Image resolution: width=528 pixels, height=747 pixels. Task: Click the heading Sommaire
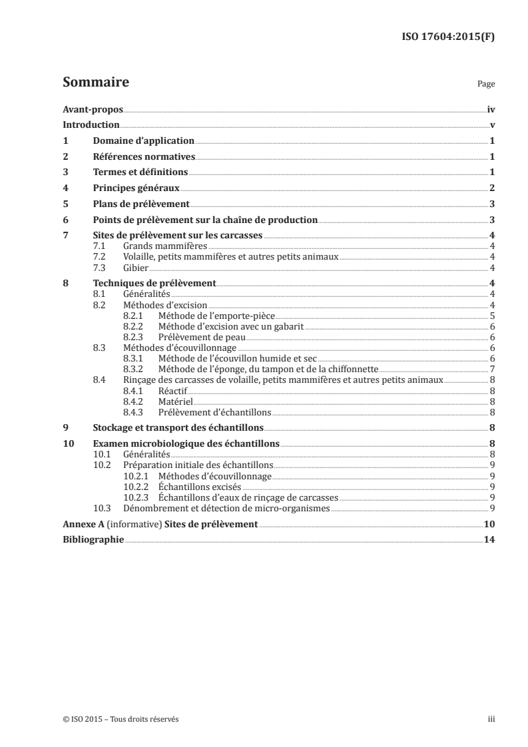tap(95, 83)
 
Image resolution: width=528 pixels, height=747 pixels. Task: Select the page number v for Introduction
tap(491, 124)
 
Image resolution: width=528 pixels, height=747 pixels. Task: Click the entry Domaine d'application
tap(143, 140)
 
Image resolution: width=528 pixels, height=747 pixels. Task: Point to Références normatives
tap(143, 156)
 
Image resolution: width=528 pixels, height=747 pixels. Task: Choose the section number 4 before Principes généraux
tap(65, 188)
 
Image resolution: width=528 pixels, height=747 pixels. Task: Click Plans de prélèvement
tap(141, 204)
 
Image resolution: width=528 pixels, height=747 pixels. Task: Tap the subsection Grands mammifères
tap(156, 246)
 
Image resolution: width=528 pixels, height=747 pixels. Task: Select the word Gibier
tap(136, 268)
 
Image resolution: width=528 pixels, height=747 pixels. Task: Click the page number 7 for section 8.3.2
tap(491, 369)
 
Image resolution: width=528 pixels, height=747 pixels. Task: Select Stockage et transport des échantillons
tap(178, 427)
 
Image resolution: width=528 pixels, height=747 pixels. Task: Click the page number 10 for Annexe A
tap(489, 524)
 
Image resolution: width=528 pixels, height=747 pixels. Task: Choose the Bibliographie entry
tap(93, 540)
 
